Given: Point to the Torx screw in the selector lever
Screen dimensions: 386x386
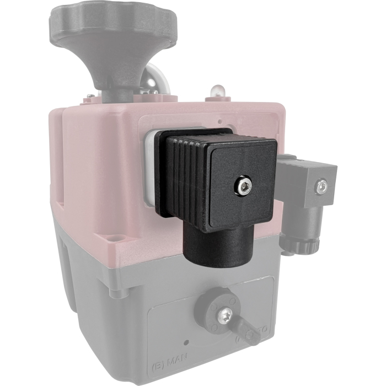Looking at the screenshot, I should tap(226, 315).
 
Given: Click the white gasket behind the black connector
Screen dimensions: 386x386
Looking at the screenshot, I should tap(149, 165).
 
